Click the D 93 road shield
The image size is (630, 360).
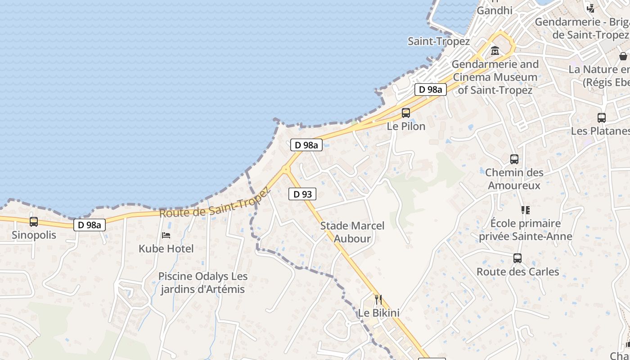pyautogui.click(x=302, y=194)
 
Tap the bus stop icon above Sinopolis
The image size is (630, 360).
pyautogui.click(x=34, y=222)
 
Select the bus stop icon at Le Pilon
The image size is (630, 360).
pyautogui.click(x=406, y=113)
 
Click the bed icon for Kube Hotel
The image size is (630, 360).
pyautogui.click(x=166, y=235)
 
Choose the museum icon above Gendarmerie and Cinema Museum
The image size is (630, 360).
pyautogui.click(x=495, y=51)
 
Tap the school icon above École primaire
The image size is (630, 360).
pyautogui.click(x=525, y=210)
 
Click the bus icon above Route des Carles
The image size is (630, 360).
pyautogui.click(x=517, y=258)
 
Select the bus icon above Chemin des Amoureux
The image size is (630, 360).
pyautogui.click(x=514, y=159)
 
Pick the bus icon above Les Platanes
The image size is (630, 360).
pyautogui.click(x=602, y=118)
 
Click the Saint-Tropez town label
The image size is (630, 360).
pyautogui.click(x=439, y=41)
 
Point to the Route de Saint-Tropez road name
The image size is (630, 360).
pyautogui.click(x=215, y=203)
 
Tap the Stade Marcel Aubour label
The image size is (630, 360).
pyautogui.click(x=352, y=232)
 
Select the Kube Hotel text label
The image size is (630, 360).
pyautogui.click(x=166, y=248)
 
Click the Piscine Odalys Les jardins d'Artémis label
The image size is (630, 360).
pyautogui.click(x=203, y=283)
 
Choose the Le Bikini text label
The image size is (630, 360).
pyautogui.click(x=379, y=312)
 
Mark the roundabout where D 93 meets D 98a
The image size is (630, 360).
pyautogui.click(x=286, y=170)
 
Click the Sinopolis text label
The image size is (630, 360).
pyautogui.click(x=34, y=235)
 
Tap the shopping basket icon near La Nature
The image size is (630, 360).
pyautogui.click(x=623, y=56)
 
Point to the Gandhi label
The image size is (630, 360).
pyautogui.click(x=495, y=10)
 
